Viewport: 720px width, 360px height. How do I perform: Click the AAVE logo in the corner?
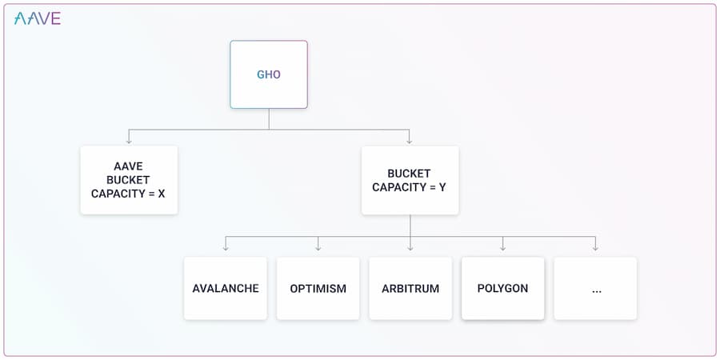[37, 18]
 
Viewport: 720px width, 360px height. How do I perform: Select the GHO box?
[269, 74]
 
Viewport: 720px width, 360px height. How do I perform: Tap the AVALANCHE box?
[226, 288]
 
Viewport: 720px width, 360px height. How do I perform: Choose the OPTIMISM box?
[318, 288]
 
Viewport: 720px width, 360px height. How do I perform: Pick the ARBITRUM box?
[410, 288]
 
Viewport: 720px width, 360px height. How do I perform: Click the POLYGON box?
[503, 288]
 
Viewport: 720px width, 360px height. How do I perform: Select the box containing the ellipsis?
[595, 288]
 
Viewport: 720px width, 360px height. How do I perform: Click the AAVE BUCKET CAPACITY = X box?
[129, 180]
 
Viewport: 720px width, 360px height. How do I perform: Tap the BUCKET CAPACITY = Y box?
[410, 180]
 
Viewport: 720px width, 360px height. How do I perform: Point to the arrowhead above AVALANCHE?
[226, 248]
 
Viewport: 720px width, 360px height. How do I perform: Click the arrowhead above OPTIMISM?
[318, 248]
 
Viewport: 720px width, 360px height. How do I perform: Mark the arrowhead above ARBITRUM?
[410, 248]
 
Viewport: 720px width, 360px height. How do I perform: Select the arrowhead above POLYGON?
[503, 248]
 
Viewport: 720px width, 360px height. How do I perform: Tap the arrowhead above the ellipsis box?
[595, 248]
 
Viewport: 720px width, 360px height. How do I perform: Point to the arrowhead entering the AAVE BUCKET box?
[129, 141]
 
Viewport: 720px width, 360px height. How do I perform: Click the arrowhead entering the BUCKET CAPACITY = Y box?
[410, 141]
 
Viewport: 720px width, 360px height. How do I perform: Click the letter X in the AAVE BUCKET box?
[161, 194]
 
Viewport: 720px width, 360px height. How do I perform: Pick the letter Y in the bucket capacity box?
[442, 187]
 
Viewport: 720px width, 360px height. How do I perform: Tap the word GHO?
[269, 74]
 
